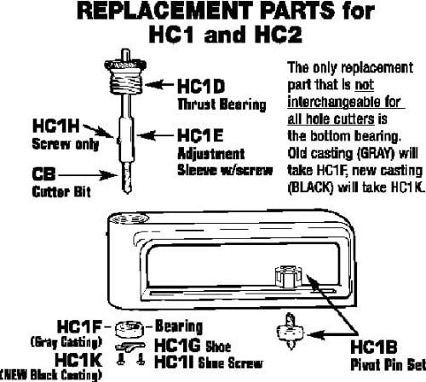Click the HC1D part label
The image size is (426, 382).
coord(201,86)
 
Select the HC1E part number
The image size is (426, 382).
coord(200,135)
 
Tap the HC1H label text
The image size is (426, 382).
coord(56,126)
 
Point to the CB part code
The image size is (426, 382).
coord(43,174)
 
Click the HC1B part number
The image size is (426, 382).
coord(374,347)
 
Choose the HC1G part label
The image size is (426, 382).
coord(178,345)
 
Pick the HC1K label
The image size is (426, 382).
coord(78,360)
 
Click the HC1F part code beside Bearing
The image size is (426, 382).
coord(79,327)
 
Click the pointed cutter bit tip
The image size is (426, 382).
coord(127,192)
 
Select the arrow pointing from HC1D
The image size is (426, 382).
coord(159,84)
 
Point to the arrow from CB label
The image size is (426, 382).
coord(88,175)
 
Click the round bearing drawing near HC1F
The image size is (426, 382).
coord(130,329)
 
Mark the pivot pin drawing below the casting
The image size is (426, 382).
coord(291,331)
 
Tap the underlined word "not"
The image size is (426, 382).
coord(364,85)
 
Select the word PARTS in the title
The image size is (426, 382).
coord(297,10)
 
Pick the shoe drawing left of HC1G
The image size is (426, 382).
coord(130,347)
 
